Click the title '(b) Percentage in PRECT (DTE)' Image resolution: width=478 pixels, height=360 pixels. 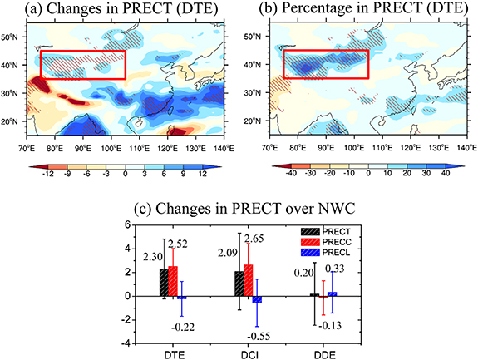(362, 10)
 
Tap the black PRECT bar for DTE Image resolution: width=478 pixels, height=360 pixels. (164, 282)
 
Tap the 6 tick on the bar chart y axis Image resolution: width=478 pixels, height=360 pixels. (127, 225)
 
